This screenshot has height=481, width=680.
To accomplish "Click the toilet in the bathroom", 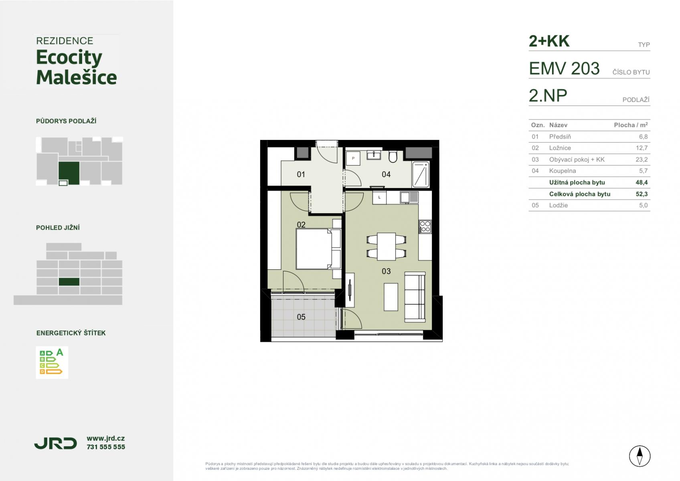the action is (393, 156).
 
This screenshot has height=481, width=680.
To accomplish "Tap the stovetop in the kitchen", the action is (425, 227).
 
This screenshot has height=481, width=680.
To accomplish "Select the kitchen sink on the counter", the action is (409, 198).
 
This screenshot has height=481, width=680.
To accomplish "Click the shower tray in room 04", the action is (421, 174).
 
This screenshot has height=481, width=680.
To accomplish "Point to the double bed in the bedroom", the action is (318, 249).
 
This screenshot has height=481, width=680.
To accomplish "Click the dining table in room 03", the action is (386, 247).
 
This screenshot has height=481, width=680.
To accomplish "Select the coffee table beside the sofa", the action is (391, 297).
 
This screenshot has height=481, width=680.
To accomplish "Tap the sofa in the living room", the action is (415, 297).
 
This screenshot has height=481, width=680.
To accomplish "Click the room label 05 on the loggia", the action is (301, 317).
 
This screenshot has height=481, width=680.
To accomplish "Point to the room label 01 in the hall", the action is (301, 174).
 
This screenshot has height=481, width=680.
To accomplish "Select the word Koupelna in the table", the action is (562, 171).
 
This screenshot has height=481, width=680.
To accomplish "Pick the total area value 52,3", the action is (642, 194).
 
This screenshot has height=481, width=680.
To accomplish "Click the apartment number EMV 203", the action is (564, 68).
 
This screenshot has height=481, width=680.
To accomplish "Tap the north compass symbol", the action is (640, 456).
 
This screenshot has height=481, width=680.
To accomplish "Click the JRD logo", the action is (56, 443).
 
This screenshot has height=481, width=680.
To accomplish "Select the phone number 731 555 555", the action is (105, 447).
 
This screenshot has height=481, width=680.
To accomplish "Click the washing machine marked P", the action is (353, 158).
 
